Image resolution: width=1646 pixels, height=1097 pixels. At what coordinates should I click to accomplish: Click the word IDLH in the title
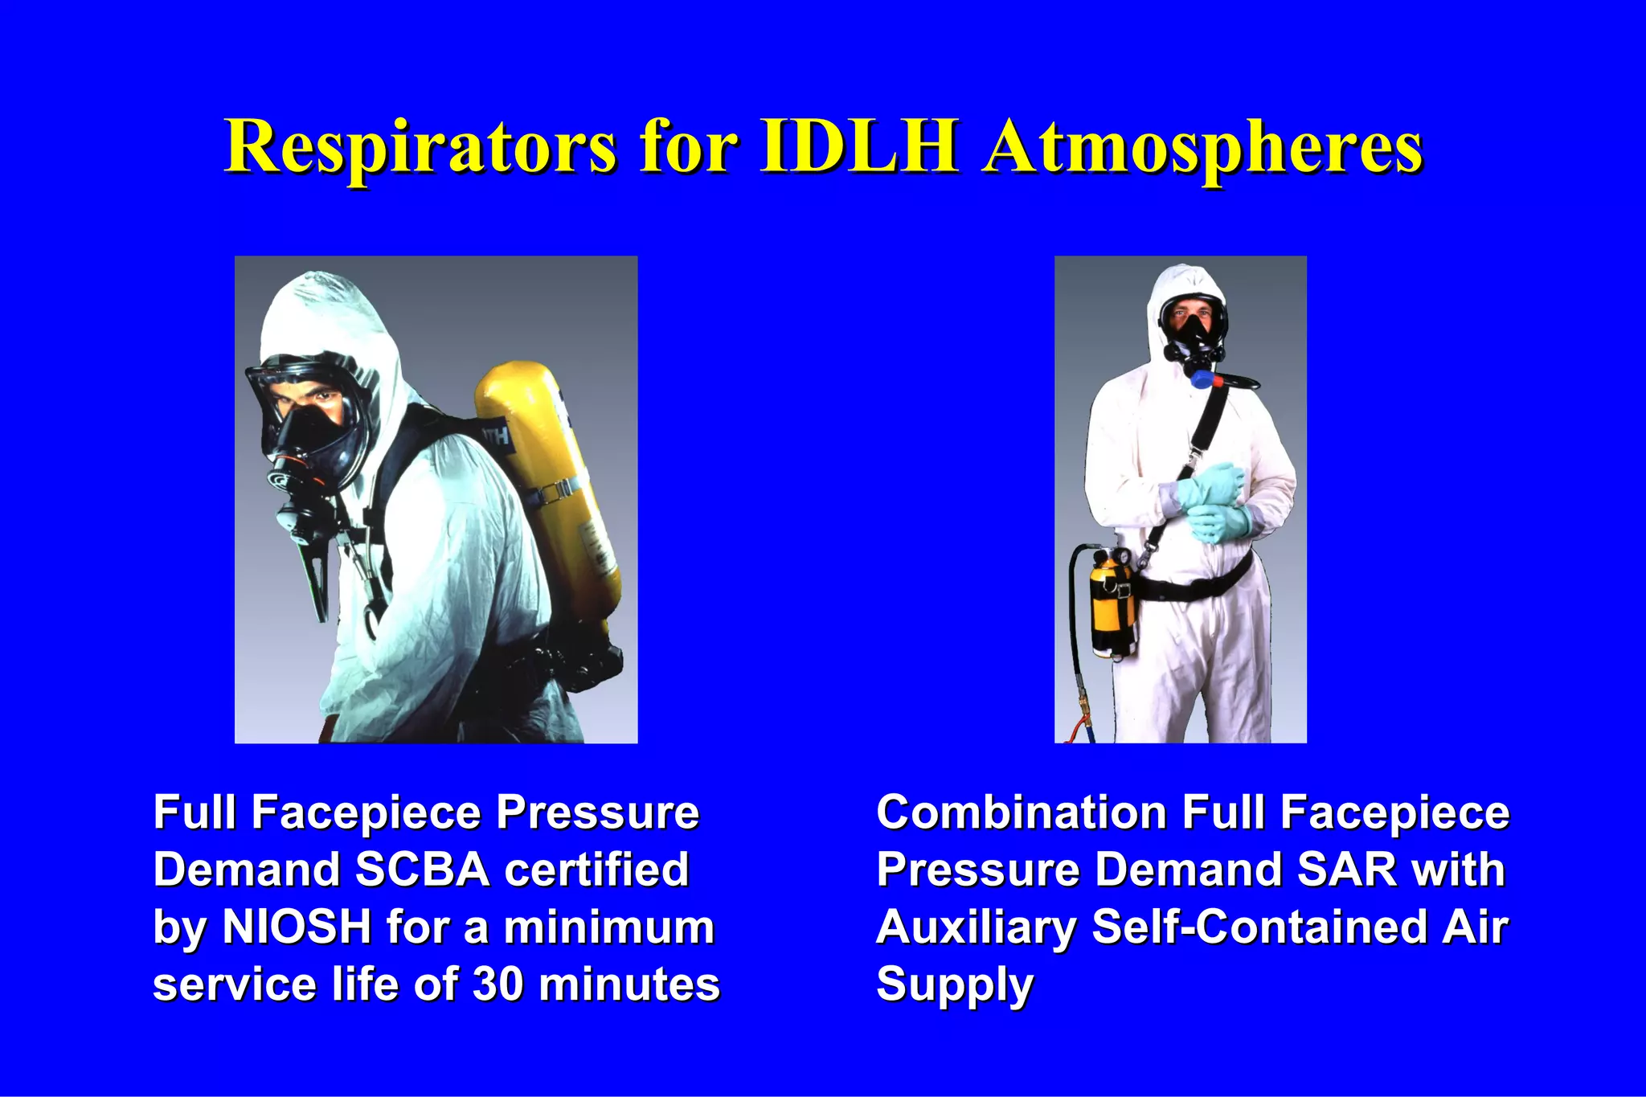click(x=860, y=146)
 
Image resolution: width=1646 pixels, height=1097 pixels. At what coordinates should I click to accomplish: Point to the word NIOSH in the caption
click(x=297, y=927)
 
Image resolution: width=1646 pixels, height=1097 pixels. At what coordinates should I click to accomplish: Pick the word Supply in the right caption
click(x=954, y=985)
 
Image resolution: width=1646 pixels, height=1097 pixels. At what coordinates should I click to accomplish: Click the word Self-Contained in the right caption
click(x=1259, y=927)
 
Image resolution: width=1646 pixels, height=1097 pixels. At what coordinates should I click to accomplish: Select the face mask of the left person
click(x=309, y=426)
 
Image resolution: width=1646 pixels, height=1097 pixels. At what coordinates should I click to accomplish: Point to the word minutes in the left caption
click(x=629, y=984)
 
